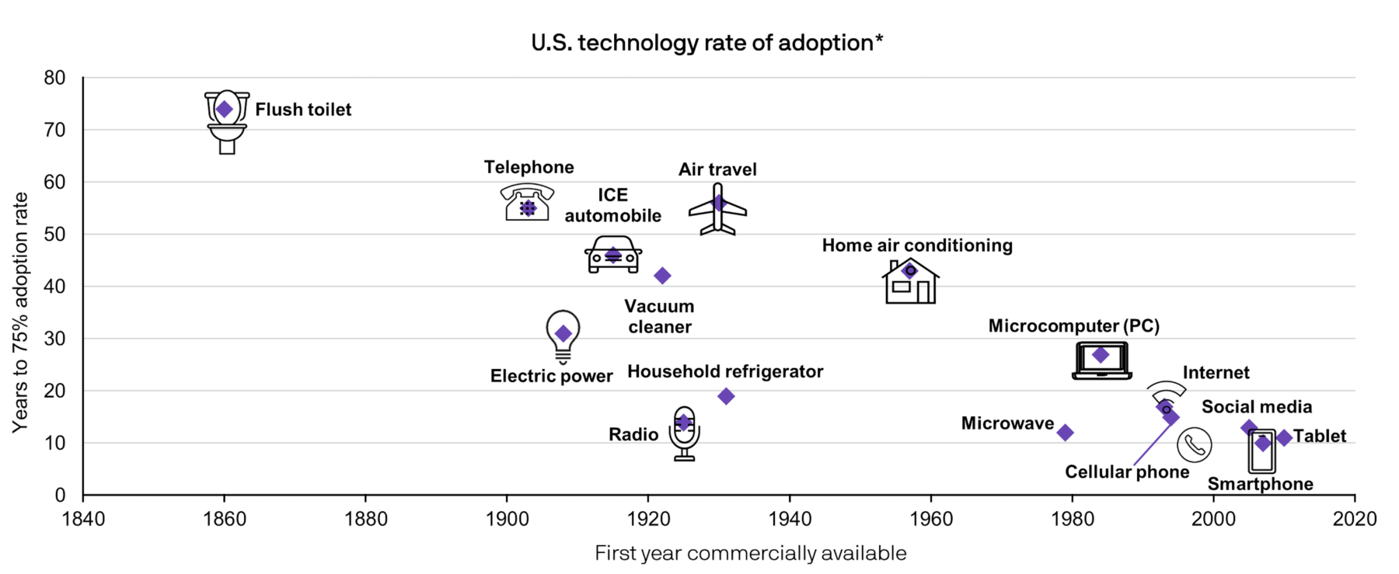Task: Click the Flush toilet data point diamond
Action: [225, 110]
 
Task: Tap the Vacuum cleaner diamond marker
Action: [662, 276]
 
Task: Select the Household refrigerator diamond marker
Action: [726, 396]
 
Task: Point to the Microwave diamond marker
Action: [1066, 433]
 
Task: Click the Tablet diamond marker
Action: [1284, 438]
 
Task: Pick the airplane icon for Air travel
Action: [717, 210]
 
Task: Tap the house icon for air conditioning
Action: [911, 281]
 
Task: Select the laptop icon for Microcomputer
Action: [1101, 361]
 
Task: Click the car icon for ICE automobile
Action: [613, 255]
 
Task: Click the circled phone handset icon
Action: [1194, 445]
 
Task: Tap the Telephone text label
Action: [529, 167]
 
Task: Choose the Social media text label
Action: [1257, 407]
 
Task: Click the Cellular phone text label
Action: [1127, 472]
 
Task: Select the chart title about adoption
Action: [706, 43]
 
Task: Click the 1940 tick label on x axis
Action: [790, 519]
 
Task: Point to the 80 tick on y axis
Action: [54, 78]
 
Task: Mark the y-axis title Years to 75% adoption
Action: [20, 312]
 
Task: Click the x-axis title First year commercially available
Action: [750, 553]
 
